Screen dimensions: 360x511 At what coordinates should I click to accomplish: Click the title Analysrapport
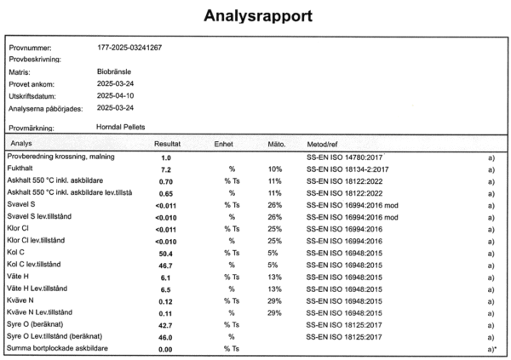tap(255, 16)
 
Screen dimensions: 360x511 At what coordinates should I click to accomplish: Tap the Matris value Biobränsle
tap(113, 73)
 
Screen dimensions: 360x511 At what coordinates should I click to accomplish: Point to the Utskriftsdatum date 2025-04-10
tap(115, 97)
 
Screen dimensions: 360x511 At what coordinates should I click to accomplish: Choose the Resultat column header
tap(168, 144)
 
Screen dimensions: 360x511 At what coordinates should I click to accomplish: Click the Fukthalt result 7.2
tap(167, 170)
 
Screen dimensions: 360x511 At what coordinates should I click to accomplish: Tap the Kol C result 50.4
tap(167, 254)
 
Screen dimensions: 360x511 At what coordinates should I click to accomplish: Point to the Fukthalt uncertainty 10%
tap(274, 170)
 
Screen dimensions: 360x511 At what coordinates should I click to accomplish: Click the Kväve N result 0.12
tap(166, 301)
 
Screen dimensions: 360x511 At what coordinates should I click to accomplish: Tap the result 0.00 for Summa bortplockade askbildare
tap(166, 349)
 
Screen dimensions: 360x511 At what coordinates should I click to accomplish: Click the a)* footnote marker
tap(491, 349)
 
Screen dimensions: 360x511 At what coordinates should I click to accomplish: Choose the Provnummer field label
tap(32, 48)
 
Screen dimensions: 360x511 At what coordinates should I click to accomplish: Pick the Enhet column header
tap(224, 144)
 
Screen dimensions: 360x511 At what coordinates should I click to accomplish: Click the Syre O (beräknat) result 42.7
tap(167, 325)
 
